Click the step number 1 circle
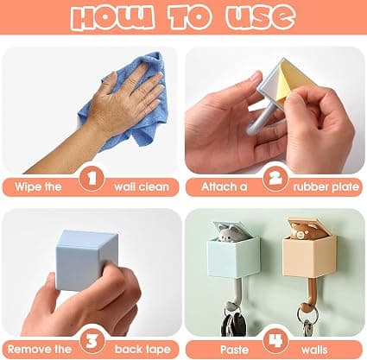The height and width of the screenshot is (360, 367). tap(92, 179)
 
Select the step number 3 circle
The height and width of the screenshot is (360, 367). tap(92, 341)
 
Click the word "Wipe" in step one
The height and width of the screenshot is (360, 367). tap(25, 186)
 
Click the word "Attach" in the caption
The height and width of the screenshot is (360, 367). tap(217, 186)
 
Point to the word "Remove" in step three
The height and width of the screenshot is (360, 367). tap(26, 349)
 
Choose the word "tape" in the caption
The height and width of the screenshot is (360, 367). tap(158, 350)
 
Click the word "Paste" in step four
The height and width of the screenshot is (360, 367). tap(234, 350)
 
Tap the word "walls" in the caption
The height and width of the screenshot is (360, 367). tap(314, 350)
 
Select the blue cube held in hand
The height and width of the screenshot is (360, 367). tap(85, 260)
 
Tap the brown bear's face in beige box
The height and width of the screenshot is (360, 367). tap(301, 231)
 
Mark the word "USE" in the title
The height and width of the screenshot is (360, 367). tap(260, 16)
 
